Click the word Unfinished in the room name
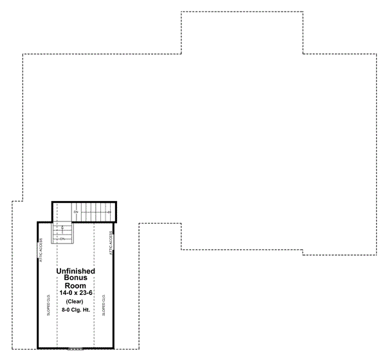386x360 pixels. pos(76,272)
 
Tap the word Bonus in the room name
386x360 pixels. pos(76,278)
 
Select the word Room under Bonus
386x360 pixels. pos(76,285)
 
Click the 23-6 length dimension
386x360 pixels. pos(86,293)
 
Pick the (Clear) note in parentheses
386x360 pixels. pos(76,301)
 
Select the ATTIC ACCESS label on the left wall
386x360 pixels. pos(41,249)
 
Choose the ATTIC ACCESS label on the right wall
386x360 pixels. pos(111,244)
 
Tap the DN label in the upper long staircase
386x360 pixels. pos(76,212)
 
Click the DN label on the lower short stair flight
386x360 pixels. pos(63,238)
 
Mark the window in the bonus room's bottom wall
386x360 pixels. pos(75,348)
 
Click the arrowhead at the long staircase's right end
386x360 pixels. pos(109,212)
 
